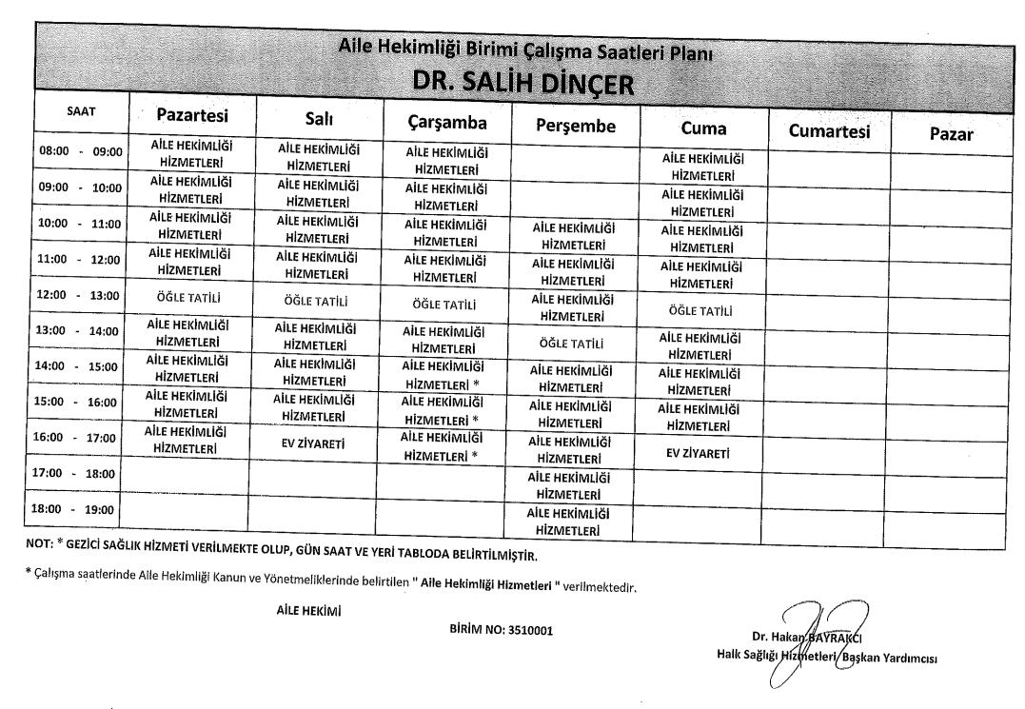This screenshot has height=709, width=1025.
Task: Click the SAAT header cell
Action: (79, 112)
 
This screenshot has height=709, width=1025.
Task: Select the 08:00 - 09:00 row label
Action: (80, 151)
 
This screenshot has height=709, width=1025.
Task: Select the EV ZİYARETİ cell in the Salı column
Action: (310, 443)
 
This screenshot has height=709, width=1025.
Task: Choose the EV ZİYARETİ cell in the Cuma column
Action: (702, 454)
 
